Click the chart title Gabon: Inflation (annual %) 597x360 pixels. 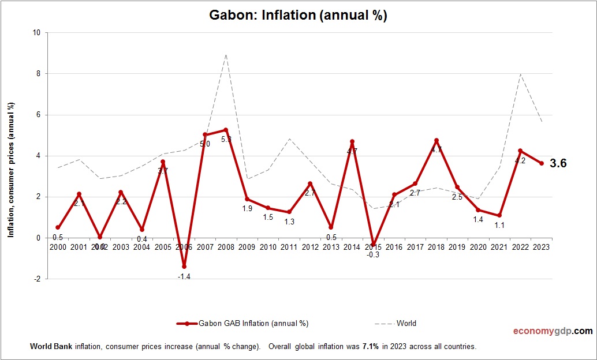298,16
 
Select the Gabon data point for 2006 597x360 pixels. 184,267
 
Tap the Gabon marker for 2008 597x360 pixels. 226,130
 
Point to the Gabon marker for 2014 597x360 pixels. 352,141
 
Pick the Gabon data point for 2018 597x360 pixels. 436,140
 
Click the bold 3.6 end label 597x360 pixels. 558,163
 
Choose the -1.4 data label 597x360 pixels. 184,276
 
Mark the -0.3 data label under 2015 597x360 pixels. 372,255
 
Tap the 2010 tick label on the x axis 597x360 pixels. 268,247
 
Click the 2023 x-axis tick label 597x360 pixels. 541,247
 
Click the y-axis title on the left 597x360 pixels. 11,170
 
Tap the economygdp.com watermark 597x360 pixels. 553,331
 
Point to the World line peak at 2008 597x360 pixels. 226,55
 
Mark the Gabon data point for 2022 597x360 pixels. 520,151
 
